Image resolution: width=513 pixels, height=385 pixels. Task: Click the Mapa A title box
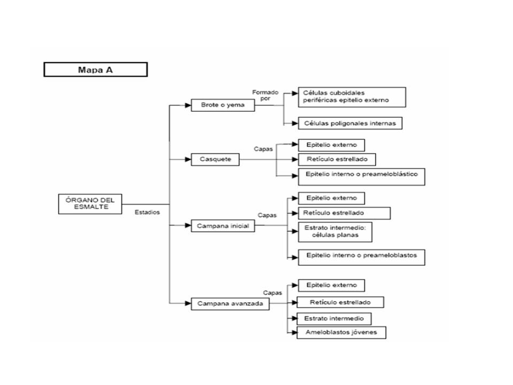[96, 70]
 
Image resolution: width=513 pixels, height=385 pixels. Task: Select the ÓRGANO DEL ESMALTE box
[90, 204]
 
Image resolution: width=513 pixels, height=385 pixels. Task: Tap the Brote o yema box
[223, 105]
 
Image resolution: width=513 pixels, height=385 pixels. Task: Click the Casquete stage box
[215, 159]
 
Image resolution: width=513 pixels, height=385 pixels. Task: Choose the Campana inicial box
[223, 226]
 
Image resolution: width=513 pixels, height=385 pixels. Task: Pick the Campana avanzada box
[230, 304]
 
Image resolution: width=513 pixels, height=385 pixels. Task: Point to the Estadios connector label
[147, 212]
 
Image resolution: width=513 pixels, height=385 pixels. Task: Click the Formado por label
[265, 95]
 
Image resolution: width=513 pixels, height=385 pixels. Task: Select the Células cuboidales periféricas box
[352, 97]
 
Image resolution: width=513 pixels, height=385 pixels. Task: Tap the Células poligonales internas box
[350, 123]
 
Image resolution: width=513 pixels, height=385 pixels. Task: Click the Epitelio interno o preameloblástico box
[362, 177]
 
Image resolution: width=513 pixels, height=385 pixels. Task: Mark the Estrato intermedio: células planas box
[335, 232]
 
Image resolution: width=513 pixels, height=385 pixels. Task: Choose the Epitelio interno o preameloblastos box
[362, 257]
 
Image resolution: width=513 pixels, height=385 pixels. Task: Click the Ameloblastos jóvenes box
[341, 332]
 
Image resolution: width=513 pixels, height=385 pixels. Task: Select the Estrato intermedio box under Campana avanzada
[334, 319]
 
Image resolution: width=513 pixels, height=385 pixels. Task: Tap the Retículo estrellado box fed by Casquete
[337, 159]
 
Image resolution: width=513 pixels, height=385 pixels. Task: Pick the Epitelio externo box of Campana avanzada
[331, 285]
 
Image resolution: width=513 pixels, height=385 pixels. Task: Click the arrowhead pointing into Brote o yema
[188, 105]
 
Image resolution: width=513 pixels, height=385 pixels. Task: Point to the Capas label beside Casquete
[263, 149]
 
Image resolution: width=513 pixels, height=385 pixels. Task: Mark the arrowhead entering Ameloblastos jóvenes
[294, 333]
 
